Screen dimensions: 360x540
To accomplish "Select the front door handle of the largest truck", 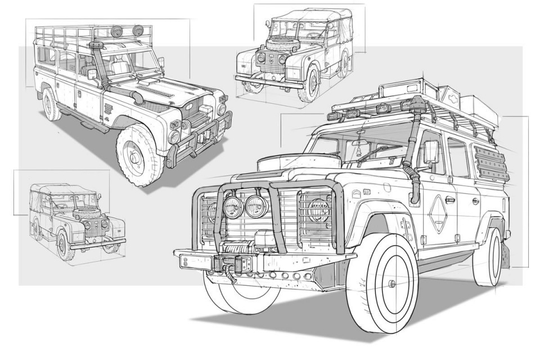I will [451, 199].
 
